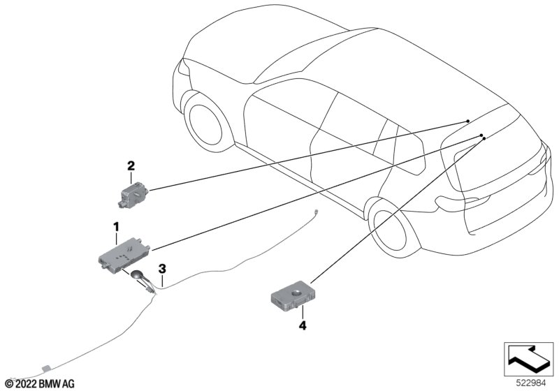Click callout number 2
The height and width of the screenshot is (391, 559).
(x=130, y=165)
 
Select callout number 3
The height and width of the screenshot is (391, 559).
(x=162, y=267)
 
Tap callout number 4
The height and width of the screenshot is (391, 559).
(x=303, y=325)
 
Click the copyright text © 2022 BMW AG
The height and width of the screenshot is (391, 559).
(x=40, y=383)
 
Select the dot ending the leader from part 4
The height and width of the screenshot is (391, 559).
(x=484, y=139)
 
